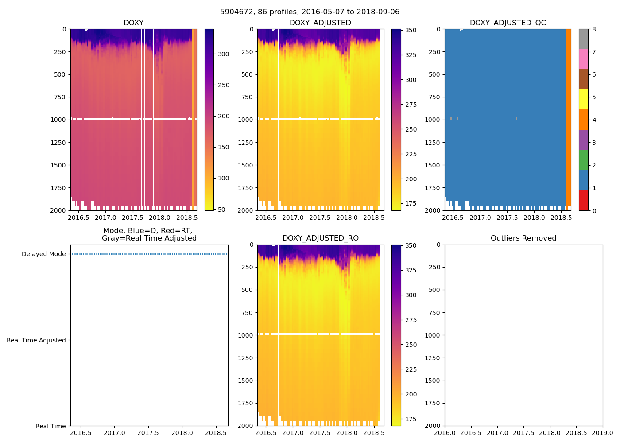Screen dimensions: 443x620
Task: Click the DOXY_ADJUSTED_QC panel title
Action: (x=508, y=23)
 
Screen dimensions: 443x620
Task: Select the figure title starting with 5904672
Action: (x=310, y=12)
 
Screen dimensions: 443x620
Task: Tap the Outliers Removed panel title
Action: (x=523, y=238)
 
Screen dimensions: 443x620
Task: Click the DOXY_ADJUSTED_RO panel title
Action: (x=320, y=238)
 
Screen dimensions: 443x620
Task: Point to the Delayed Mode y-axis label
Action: (x=43, y=254)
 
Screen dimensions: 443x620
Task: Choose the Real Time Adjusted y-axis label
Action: (x=36, y=340)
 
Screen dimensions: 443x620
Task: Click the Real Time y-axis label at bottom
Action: (x=50, y=426)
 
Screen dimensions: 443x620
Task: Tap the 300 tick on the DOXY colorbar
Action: (x=223, y=54)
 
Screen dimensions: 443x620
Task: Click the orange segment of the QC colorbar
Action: (x=583, y=120)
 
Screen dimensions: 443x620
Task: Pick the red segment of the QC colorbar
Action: (x=583, y=200)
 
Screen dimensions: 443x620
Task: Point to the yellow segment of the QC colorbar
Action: (x=583, y=99)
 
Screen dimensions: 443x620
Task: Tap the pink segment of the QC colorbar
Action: (x=583, y=59)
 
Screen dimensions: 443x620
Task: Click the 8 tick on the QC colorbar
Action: (x=594, y=30)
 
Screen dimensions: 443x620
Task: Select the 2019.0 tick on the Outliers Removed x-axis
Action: (x=602, y=433)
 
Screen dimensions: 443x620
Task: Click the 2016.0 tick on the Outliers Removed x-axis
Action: (x=445, y=433)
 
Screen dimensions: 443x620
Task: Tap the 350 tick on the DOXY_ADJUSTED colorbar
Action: (x=411, y=30)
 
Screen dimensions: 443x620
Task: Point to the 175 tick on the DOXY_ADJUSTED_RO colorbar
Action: (x=411, y=419)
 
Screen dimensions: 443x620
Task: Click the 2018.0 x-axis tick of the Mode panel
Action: (x=182, y=433)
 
